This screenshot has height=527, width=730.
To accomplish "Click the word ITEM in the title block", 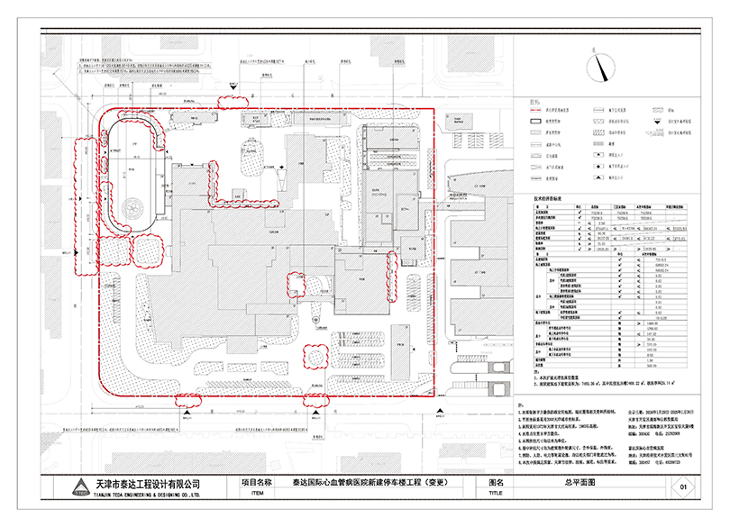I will coord(260,494).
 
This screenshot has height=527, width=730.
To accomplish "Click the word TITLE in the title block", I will coord(494,494).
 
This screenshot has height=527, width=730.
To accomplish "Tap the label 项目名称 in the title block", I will coord(260,483).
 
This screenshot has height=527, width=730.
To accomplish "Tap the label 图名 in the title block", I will coord(494,483).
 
